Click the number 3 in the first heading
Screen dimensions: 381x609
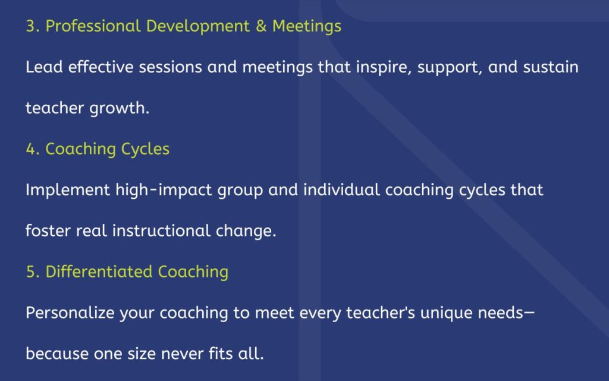(x=31, y=26)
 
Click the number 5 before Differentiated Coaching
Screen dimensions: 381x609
(x=31, y=271)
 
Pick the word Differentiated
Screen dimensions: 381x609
(x=99, y=271)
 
